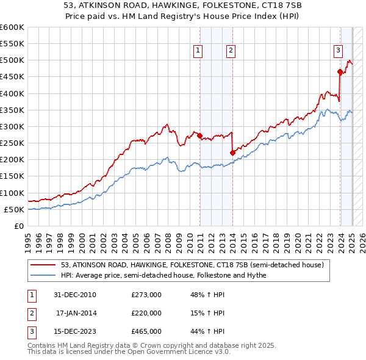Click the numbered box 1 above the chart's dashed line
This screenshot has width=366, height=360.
click(x=199, y=51)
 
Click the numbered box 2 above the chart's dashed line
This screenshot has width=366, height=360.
click(x=231, y=51)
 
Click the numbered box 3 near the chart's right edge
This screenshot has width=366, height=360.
click(x=338, y=51)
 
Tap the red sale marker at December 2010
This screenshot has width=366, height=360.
click(x=199, y=135)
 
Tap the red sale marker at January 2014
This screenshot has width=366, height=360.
click(x=232, y=153)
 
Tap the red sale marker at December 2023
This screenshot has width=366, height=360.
click(x=340, y=72)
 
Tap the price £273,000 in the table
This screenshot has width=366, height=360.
click(x=146, y=295)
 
